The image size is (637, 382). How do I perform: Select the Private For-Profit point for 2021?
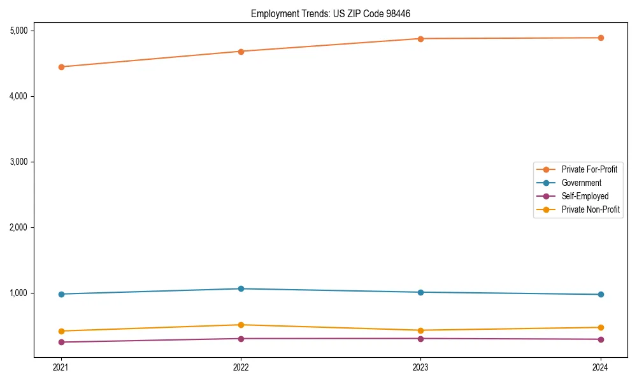pyautogui.click(x=61, y=67)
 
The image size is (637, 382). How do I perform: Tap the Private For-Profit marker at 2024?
pyautogui.click(x=601, y=38)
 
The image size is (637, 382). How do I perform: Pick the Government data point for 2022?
pyautogui.click(x=241, y=289)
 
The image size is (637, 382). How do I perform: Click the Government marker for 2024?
pyautogui.click(x=601, y=294)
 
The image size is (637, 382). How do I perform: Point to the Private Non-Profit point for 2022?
pyautogui.click(x=241, y=325)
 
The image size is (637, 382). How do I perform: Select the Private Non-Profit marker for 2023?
pyautogui.click(x=420, y=330)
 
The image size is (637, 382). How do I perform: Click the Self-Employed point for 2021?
pyautogui.click(x=61, y=342)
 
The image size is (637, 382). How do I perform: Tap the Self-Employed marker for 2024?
pyautogui.click(x=601, y=339)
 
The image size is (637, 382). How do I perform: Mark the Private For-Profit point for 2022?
pyautogui.click(x=241, y=52)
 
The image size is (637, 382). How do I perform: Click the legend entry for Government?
pyautogui.click(x=581, y=183)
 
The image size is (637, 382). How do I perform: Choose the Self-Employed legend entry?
pyautogui.click(x=585, y=196)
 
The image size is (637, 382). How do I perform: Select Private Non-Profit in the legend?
pyautogui.click(x=590, y=209)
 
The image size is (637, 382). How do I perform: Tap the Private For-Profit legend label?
pyautogui.click(x=589, y=169)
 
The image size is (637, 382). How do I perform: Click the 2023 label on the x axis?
pyautogui.click(x=420, y=367)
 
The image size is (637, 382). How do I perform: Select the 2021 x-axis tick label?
pyautogui.click(x=61, y=367)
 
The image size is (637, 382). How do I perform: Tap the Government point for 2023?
pyautogui.click(x=420, y=292)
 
